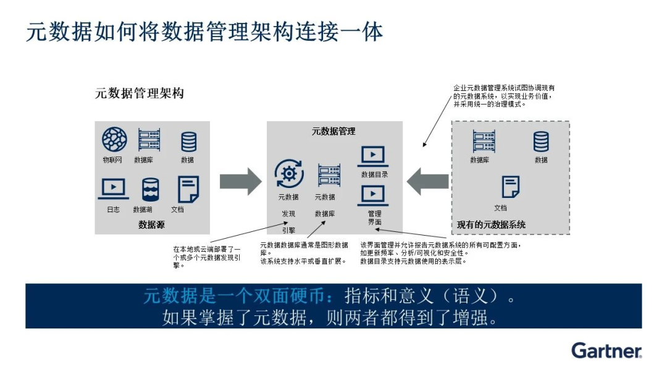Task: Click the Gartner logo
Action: coord(606,350)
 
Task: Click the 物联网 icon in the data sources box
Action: coord(114,140)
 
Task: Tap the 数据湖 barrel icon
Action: coord(150,189)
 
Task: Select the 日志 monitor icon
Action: coord(113,188)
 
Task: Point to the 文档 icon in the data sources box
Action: coord(188,189)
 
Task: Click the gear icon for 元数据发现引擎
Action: coord(288,174)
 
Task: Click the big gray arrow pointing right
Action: coord(241,181)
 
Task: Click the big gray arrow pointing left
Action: coord(427,181)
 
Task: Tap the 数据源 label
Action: coord(151,225)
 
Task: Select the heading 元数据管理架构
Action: coord(139,93)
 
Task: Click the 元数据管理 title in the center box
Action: coord(333,131)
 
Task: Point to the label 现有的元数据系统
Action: coord(491,224)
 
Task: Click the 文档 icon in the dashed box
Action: coord(510,186)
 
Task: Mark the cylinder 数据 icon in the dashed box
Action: coord(541,142)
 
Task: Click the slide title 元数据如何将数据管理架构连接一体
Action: coord(204,32)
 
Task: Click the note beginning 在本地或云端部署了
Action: coord(207,257)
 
